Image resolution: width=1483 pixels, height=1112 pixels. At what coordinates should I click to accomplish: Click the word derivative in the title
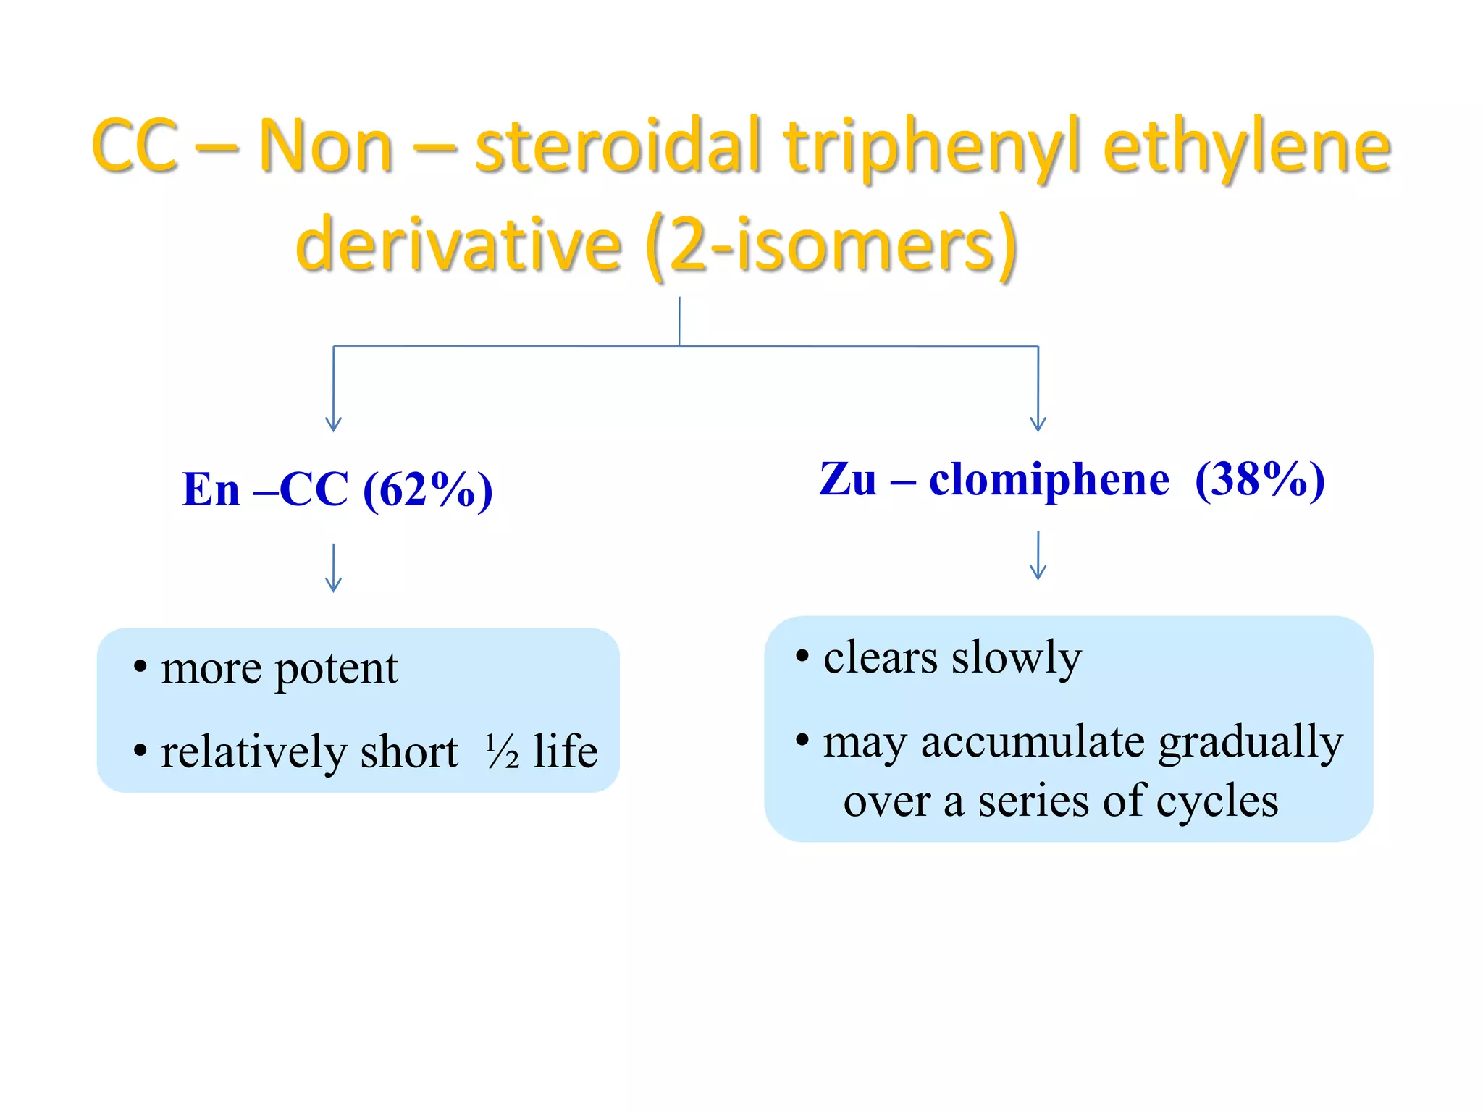pyautogui.click(x=458, y=245)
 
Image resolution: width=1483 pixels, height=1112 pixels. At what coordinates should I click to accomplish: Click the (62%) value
pyautogui.click(x=427, y=490)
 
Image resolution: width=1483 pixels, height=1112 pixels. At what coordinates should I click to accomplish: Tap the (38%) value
pyautogui.click(x=1259, y=479)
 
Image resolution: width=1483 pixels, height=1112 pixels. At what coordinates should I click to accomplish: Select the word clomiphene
pyautogui.click(x=1049, y=479)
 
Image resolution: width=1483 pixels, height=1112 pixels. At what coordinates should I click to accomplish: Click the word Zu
pyautogui.click(x=847, y=479)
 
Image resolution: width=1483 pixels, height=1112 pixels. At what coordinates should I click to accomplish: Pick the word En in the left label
pyautogui.click(x=210, y=490)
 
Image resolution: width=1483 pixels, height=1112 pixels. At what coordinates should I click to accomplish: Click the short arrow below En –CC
pyautogui.click(x=333, y=568)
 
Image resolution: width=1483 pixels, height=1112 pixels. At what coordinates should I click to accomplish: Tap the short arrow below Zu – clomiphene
pyautogui.click(x=1038, y=556)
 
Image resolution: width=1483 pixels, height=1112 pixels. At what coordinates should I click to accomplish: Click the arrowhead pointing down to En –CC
pyautogui.click(x=333, y=424)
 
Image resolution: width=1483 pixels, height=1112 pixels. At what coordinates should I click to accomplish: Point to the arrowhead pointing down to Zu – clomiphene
pyautogui.click(x=1038, y=424)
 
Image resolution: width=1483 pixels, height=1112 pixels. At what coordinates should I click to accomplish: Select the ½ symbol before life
pyautogui.click(x=502, y=751)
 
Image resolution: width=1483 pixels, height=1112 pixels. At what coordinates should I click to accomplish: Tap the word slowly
pyautogui.click(x=1016, y=658)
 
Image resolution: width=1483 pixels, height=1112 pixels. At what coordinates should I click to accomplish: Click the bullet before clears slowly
pyautogui.click(x=802, y=657)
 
